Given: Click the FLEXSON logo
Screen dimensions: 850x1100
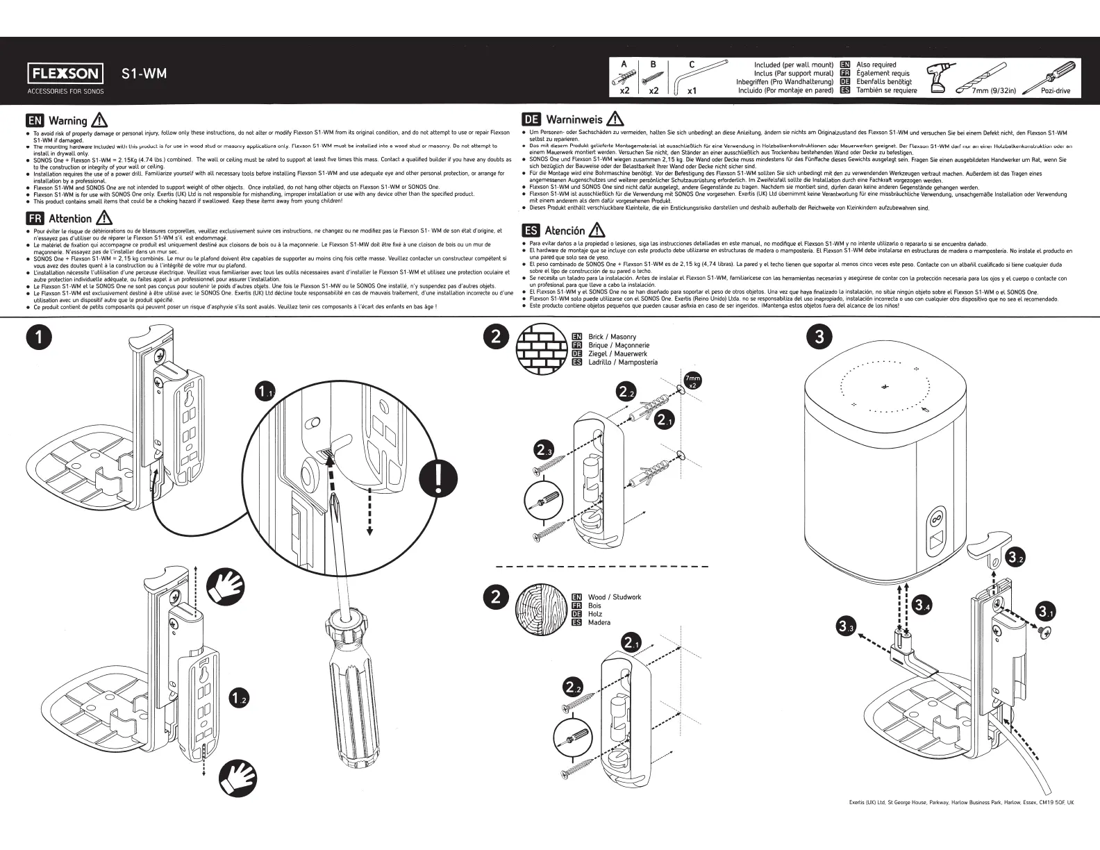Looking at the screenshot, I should point(65,74).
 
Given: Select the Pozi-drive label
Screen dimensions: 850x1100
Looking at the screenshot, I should point(1056,91).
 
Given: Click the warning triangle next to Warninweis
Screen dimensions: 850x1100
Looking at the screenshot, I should point(615,119).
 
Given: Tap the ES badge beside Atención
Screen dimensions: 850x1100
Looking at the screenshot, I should point(531,230).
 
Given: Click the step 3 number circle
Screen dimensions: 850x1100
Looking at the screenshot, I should point(819,337).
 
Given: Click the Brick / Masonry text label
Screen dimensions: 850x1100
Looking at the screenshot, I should point(612,337).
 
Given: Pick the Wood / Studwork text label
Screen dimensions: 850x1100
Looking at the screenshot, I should point(614,597).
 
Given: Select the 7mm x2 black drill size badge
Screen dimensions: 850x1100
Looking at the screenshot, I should point(692,381).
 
